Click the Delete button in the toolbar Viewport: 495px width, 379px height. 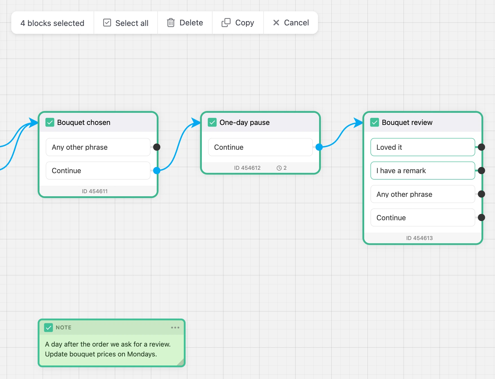point(185,23)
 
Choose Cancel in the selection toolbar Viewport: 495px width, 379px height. point(291,23)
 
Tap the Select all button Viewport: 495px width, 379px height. point(126,23)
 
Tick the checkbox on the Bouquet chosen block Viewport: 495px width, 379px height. point(50,122)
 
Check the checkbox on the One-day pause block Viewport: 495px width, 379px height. point(212,122)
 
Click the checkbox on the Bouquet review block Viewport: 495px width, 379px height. point(375,122)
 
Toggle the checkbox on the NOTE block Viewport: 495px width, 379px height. point(48,327)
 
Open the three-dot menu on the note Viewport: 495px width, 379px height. point(175,327)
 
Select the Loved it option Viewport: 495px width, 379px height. point(423,147)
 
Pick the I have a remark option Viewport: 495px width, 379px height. point(423,171)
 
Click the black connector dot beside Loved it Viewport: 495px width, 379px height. point(481,147)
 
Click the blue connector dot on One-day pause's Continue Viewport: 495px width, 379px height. point(319,147)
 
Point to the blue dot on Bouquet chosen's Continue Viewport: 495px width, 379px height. point(157,170)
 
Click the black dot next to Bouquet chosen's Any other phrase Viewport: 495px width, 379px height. point(157,147)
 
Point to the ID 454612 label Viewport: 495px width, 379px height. point(247,168)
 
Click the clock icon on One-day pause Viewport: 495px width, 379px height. point(279,168)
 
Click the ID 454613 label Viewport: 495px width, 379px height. point(419,238)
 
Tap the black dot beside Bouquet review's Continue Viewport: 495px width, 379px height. point(481,217)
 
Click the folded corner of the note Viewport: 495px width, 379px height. point(181,362)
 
